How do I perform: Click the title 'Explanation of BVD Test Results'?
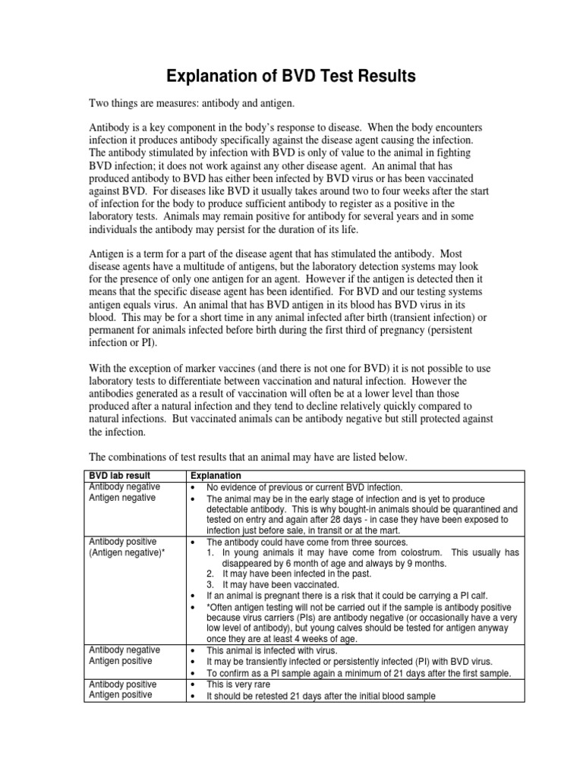tap(291, 76)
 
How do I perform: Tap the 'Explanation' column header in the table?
tap(216, 475)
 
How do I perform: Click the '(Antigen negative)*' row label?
tap(127, 552)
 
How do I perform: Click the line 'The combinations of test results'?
tap(248, 457)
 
